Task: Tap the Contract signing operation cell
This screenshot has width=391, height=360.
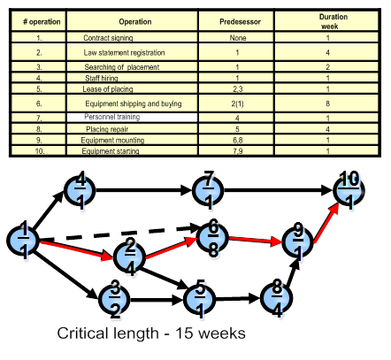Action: (x=132, y=37)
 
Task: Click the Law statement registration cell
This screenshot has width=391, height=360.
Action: (x=132, y=52)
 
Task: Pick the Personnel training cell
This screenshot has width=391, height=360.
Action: (x=132, y=118)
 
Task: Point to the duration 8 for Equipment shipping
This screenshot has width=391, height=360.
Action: (x=326, y=103)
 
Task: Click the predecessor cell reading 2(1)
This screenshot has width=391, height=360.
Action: (x=236, y=103)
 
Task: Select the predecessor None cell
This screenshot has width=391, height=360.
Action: (x=236, y=37)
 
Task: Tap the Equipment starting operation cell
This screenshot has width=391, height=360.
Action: (x=132, y=150)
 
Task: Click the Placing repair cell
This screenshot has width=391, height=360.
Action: (x=132, y=129)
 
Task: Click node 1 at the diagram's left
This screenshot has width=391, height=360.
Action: (x=23, y=241)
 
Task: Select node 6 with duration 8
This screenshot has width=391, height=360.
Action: (x=213, y=237)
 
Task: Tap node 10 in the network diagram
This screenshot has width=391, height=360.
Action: (x=349, y=189)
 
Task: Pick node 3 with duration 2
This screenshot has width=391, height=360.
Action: (x=114, y=299)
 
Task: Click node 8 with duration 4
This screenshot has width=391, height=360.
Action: (x=277, y=298)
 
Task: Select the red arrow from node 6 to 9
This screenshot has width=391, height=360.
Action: (x=256, y=240)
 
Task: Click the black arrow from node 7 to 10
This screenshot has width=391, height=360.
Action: (x=278, y=190)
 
